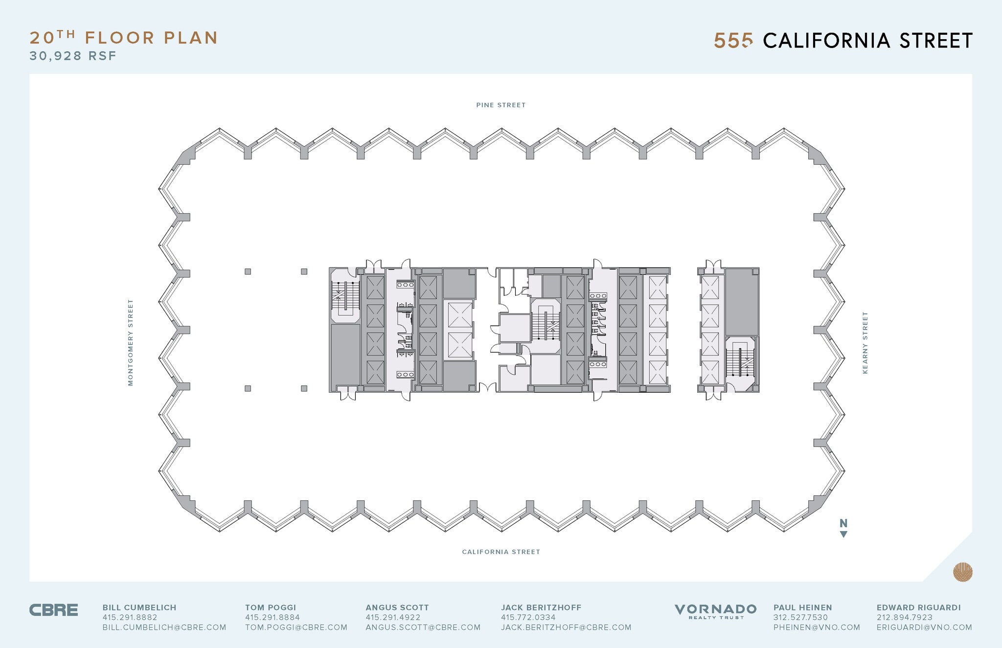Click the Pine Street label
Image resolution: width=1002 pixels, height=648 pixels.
(x=501, y=105)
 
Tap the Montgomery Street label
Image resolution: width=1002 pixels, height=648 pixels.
(x=131, y=342)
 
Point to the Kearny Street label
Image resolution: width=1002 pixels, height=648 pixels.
(x=865, y=343)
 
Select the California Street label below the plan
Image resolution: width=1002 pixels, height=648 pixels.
(x=501, y=552)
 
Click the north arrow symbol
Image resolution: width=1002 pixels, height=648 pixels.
(x=843, y=528)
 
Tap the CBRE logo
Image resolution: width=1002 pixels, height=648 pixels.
(x=53, y=610)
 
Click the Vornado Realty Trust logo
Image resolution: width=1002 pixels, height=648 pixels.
(x=715, y=611)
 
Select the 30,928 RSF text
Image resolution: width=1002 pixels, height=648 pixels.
(x=73, y=56)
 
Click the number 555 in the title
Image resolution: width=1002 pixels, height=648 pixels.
(x=733, y=41)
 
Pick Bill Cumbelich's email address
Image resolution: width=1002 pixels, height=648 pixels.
(x=164, y=627)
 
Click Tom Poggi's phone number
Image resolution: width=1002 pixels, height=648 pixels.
(x=273, y=618)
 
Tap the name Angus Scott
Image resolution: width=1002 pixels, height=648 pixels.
(x=397, y=608)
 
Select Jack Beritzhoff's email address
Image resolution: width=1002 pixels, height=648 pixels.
(x=566, y=627)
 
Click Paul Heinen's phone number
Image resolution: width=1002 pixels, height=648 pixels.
(x=800, y=618)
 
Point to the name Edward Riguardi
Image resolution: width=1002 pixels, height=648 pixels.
(x=919, y=608)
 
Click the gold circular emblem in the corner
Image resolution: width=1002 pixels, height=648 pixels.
(x=962, y=572)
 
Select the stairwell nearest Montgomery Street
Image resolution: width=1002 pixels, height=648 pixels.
(x=345, y=296)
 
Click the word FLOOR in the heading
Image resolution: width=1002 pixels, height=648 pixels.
(x=120, y=38)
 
